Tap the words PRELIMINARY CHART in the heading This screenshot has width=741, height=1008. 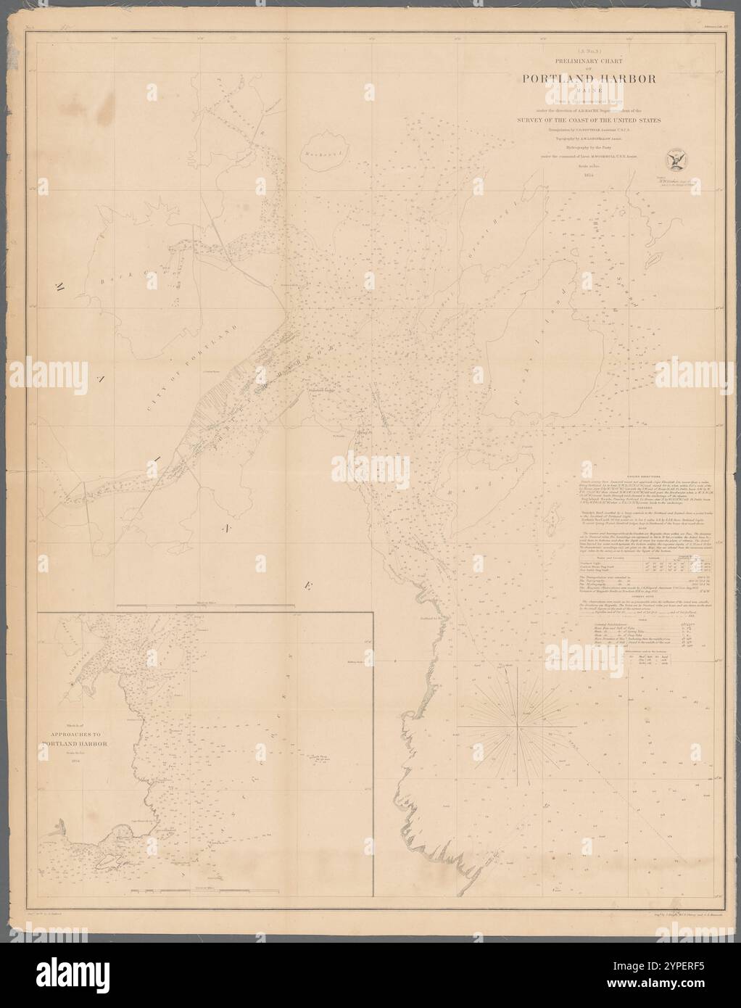tap(573, 62)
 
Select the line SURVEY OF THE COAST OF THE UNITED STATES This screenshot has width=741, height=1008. tap(574, 120)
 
